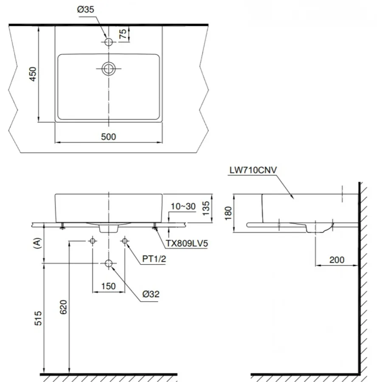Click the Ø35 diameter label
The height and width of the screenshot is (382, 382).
(85, 9)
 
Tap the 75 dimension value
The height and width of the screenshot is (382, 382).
(123, 34)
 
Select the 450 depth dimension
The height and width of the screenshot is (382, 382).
(33, 74)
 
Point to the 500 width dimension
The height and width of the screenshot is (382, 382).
(109, 137)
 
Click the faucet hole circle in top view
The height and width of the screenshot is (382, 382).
(109, 42)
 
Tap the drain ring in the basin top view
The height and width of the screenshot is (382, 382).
(109, 68)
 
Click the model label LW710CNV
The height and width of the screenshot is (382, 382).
(253, 170)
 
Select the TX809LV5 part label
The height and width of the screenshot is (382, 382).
(187, 243)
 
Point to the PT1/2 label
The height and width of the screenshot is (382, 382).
(154, 259)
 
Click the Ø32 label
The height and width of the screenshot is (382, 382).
(151, 294)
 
